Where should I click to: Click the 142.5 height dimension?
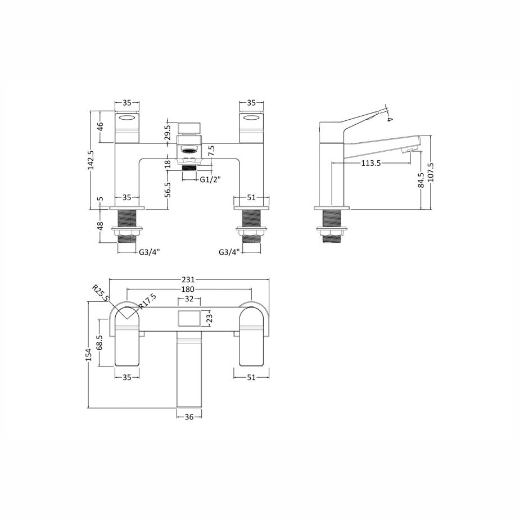[x=91, y=160]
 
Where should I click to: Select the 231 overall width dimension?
[x=188, y=279]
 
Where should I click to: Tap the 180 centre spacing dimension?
[x=188, y=289]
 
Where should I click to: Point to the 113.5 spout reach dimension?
[x=371, y=163]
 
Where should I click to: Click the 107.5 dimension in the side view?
[x=431, y=173]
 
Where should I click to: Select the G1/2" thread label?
[x=210, y=179]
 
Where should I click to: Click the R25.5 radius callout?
[x=102, y=293]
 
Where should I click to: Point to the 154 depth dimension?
[x=88, y=355]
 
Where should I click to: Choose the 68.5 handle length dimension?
[x=100, y=343]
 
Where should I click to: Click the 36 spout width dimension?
[x=189, y=417]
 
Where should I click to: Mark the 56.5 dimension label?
[x=167, y=190]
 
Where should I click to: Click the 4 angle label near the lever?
[x=390, y=118]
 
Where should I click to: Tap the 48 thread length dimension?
[x=100, y=226]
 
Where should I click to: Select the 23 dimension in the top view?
[x=209, y=317]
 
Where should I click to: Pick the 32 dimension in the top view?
[x=189, y=299]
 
